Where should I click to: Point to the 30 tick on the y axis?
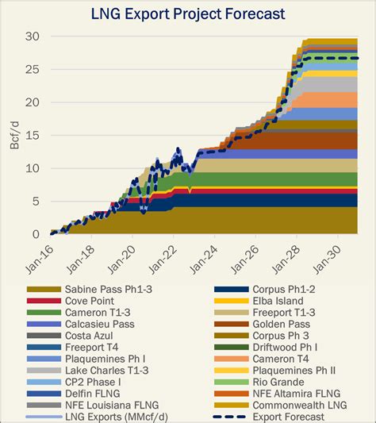(32, 36)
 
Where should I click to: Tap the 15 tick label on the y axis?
(32, 135)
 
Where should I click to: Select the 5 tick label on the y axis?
(36, 201)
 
